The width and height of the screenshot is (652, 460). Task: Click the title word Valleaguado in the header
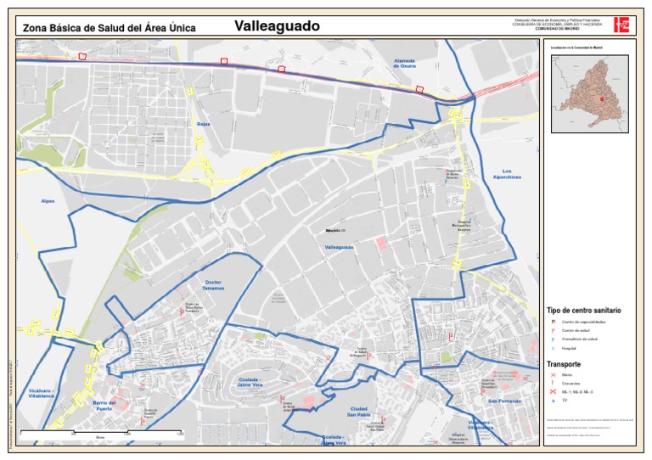click(277, 26)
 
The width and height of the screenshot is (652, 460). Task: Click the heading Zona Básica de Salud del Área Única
click(109, 28)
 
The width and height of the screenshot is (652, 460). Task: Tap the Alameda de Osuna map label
click(403, 64)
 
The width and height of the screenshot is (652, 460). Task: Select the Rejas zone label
click(203, 125)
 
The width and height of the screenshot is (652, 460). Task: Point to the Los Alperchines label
click(507, 174)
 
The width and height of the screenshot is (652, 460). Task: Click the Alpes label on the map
click(47, 201)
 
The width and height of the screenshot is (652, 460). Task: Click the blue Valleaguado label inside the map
click(339, 247)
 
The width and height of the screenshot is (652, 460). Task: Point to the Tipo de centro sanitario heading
click(583, 311)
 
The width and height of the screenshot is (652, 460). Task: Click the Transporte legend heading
click(564, 363)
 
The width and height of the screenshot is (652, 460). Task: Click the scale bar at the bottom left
click(102, 433)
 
